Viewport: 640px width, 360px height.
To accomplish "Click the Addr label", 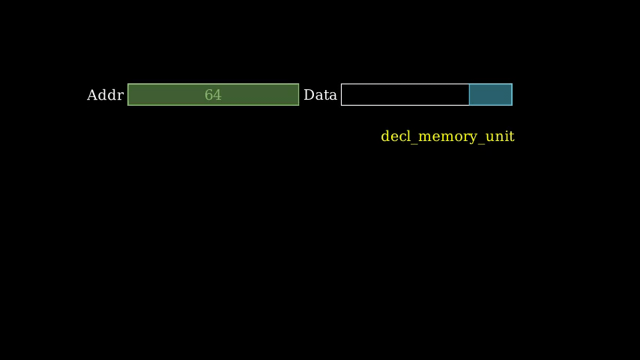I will (x=105, y=95).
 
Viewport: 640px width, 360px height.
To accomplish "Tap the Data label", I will (x=320, y=95).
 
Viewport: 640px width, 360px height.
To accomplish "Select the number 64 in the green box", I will (x=213, y=95).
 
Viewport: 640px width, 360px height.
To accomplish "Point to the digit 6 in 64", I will (x=208, y=95).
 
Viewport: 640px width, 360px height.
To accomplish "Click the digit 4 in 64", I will (x=217, y=95).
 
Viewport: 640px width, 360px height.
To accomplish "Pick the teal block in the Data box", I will (x=490, y=94).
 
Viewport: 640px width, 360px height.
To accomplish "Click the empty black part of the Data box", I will (x=405, y=94).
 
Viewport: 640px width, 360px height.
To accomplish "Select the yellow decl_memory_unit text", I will (x=447, y=136).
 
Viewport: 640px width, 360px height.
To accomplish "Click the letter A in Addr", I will (x=92, y=95).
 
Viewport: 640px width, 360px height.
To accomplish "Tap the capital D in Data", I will (x=308, y=95).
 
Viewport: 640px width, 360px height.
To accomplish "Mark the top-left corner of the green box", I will (x=128, y=84).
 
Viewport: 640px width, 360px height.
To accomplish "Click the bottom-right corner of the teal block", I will (x=512, y=105).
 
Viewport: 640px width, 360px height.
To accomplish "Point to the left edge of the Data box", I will (x=342, y=94).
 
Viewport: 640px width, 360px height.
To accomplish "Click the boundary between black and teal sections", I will (x=469, y=94).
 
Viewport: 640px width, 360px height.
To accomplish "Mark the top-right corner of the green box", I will (x=298, y=84).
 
